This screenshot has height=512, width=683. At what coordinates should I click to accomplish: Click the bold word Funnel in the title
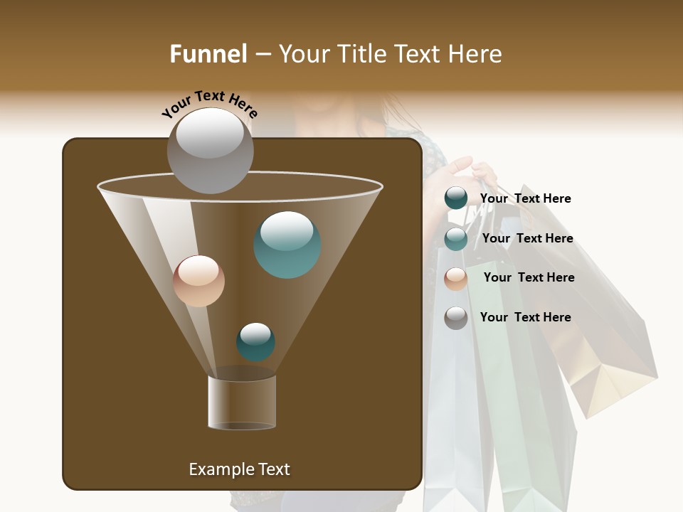[208, 54]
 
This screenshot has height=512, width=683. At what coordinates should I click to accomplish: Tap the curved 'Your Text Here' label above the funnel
[209, 104]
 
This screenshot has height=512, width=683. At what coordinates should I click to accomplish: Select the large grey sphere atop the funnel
[210, 150]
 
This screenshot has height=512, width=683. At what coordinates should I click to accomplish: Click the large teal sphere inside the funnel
[287, 245]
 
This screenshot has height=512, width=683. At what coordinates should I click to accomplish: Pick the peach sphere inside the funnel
[198, 281]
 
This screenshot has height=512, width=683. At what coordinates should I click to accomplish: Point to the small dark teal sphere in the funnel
[255, 341]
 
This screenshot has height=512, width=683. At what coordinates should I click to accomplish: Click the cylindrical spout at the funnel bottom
[242, 402]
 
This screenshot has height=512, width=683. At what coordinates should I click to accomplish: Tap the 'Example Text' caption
[239, 469]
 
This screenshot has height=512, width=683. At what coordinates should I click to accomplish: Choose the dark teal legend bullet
[456, 198]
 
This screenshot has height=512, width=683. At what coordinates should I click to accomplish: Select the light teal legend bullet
[456, 239]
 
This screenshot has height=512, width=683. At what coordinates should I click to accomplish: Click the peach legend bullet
[456, 278]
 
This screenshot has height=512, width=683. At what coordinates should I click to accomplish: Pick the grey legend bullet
[456, 318]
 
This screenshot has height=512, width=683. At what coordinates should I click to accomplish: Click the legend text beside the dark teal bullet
[525, 198]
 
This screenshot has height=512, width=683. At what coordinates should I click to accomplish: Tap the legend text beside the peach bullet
[529, 277]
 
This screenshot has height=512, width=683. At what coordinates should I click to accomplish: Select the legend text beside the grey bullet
[525, 317]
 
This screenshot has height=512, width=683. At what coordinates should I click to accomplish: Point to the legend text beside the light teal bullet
[527, 238]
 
